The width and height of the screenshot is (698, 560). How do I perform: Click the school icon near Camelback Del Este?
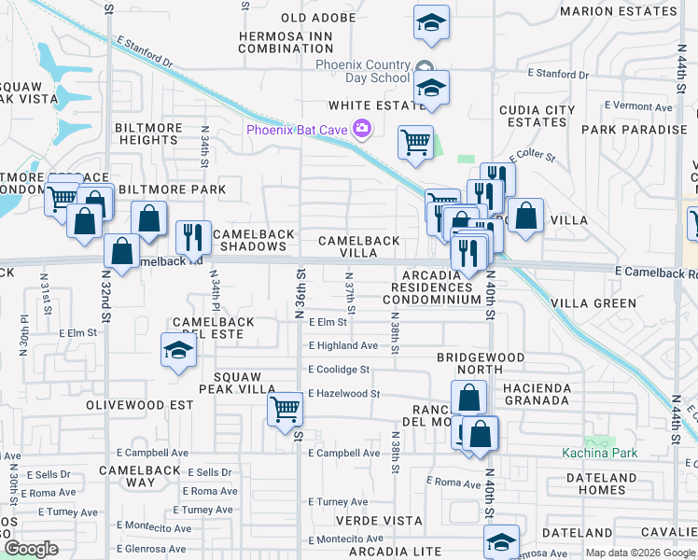point(177,351)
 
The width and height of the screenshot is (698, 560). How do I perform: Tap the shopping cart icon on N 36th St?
point(285,408)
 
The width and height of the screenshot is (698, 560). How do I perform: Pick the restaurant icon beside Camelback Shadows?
point(193,237)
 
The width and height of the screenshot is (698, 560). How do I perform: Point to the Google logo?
point(32,548)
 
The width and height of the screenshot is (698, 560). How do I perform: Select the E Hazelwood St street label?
point(343,394)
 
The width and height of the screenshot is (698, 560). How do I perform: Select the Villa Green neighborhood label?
point(593,303)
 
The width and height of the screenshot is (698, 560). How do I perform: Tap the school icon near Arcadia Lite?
point(501,541)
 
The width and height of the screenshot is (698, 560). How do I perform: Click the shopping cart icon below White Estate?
point(415,143)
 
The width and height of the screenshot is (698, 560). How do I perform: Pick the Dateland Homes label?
point(595,483)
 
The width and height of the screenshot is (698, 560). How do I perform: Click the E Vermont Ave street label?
point(638,107)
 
